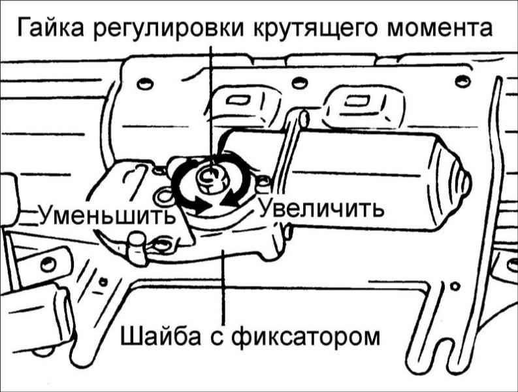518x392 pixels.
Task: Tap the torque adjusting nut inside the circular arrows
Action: coord(210,175)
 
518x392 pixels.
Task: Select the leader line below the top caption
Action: coord(210,98)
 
